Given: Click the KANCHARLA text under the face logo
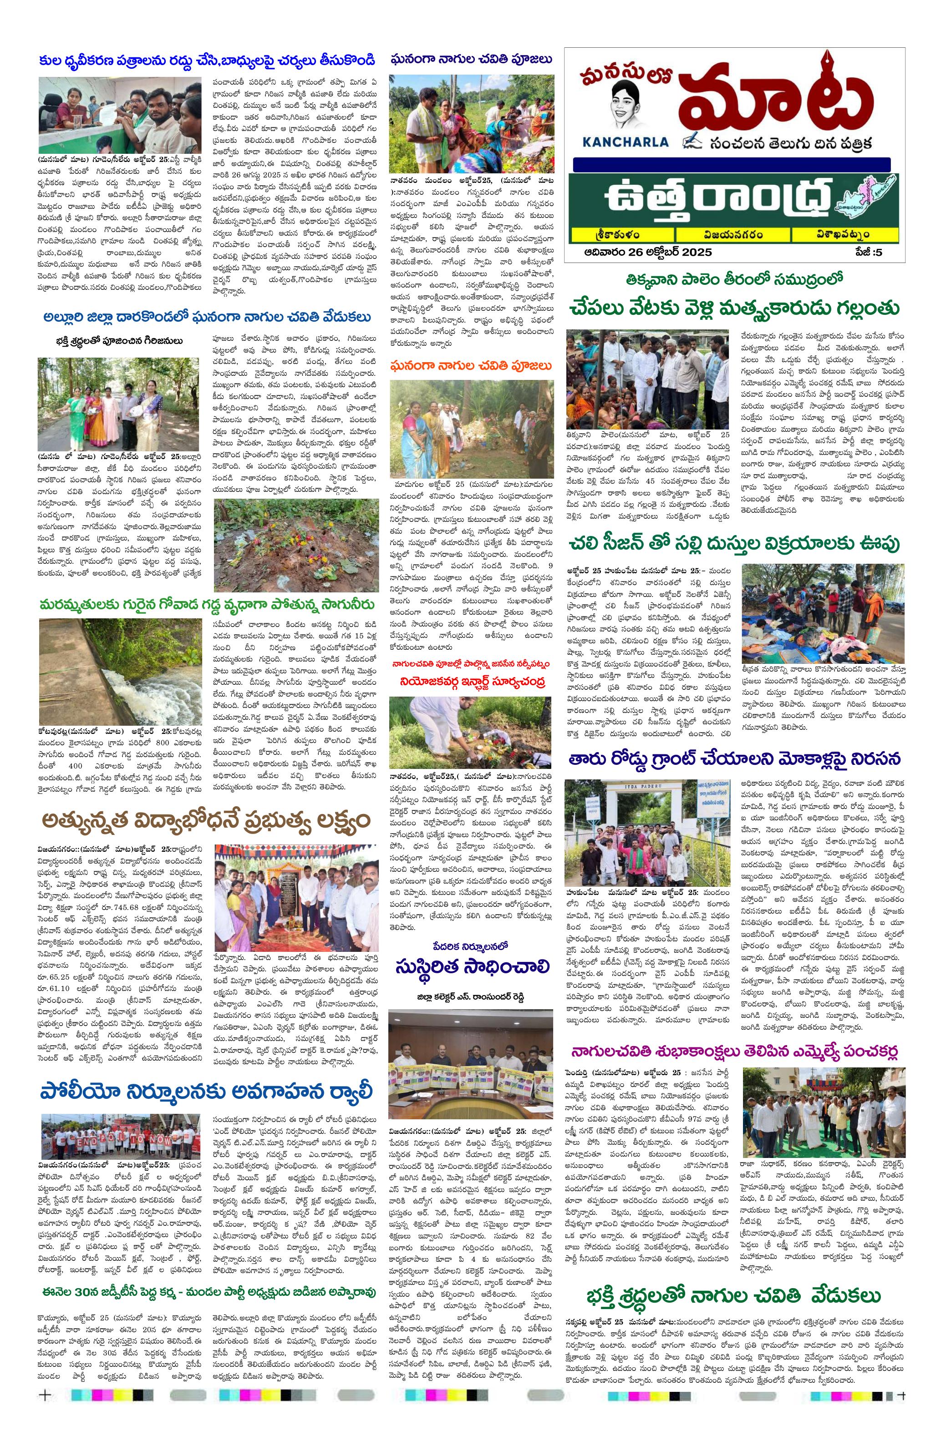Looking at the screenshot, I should (620, 142).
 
